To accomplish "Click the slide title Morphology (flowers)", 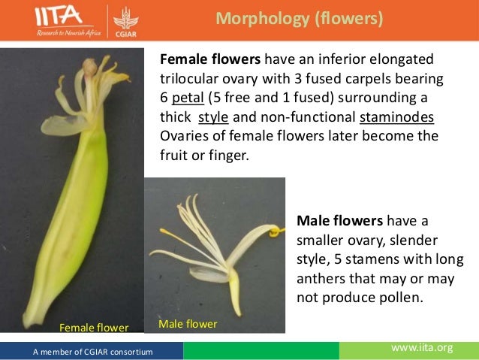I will pos(299,19).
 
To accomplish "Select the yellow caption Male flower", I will pos(188,324).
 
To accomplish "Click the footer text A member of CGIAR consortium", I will pos(92,351).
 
